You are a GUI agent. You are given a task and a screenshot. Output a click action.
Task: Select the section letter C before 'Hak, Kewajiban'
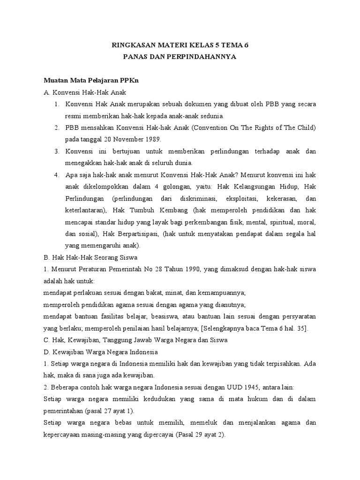point(45,340)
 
